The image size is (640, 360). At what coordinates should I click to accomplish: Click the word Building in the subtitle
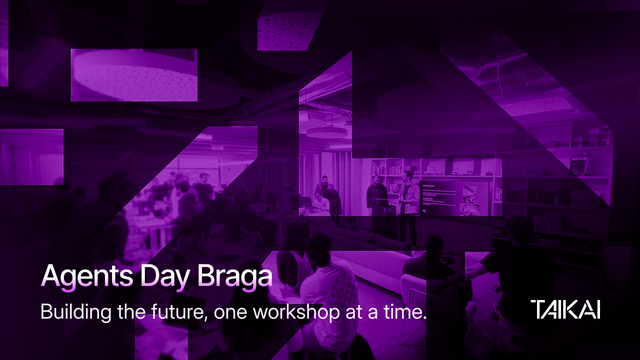(73, 312)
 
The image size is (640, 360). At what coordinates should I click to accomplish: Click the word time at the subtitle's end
(403, 311)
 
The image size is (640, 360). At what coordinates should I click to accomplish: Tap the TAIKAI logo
(566, 309)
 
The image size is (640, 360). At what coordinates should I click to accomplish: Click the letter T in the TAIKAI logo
(538, 309)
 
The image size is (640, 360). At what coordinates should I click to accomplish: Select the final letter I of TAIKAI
(597, 309)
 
